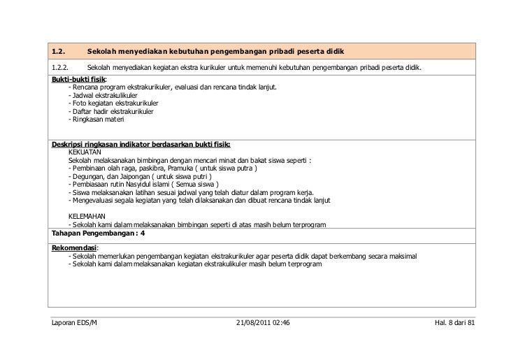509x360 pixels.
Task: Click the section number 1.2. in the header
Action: click(59, 52)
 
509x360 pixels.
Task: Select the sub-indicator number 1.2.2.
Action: click(60, 68)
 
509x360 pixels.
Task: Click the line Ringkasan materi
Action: click(94, 120)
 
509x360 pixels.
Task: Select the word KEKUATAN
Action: click(85, 151)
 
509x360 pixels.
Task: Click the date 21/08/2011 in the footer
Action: click(252, 324)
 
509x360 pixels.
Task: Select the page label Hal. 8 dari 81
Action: click(454, 324)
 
